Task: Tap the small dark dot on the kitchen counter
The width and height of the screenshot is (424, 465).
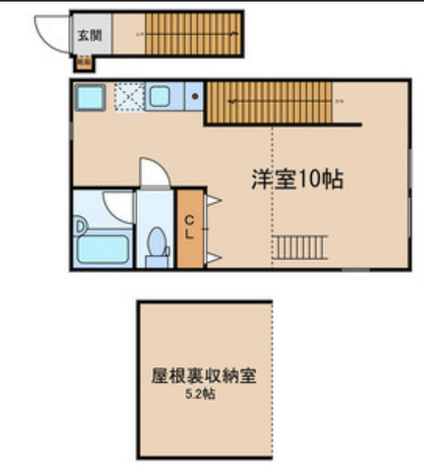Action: click(195, 97)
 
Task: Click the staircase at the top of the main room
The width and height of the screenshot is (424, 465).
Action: click(269, 101)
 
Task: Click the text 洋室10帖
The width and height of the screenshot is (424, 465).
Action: click(297, 180)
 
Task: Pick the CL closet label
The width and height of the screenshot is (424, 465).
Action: click(191, 226)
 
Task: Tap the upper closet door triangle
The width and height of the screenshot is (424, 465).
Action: click(214, 202)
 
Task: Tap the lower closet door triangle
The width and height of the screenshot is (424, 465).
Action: click(214, 256)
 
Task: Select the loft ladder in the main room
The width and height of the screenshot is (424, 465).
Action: click(300, 247)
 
